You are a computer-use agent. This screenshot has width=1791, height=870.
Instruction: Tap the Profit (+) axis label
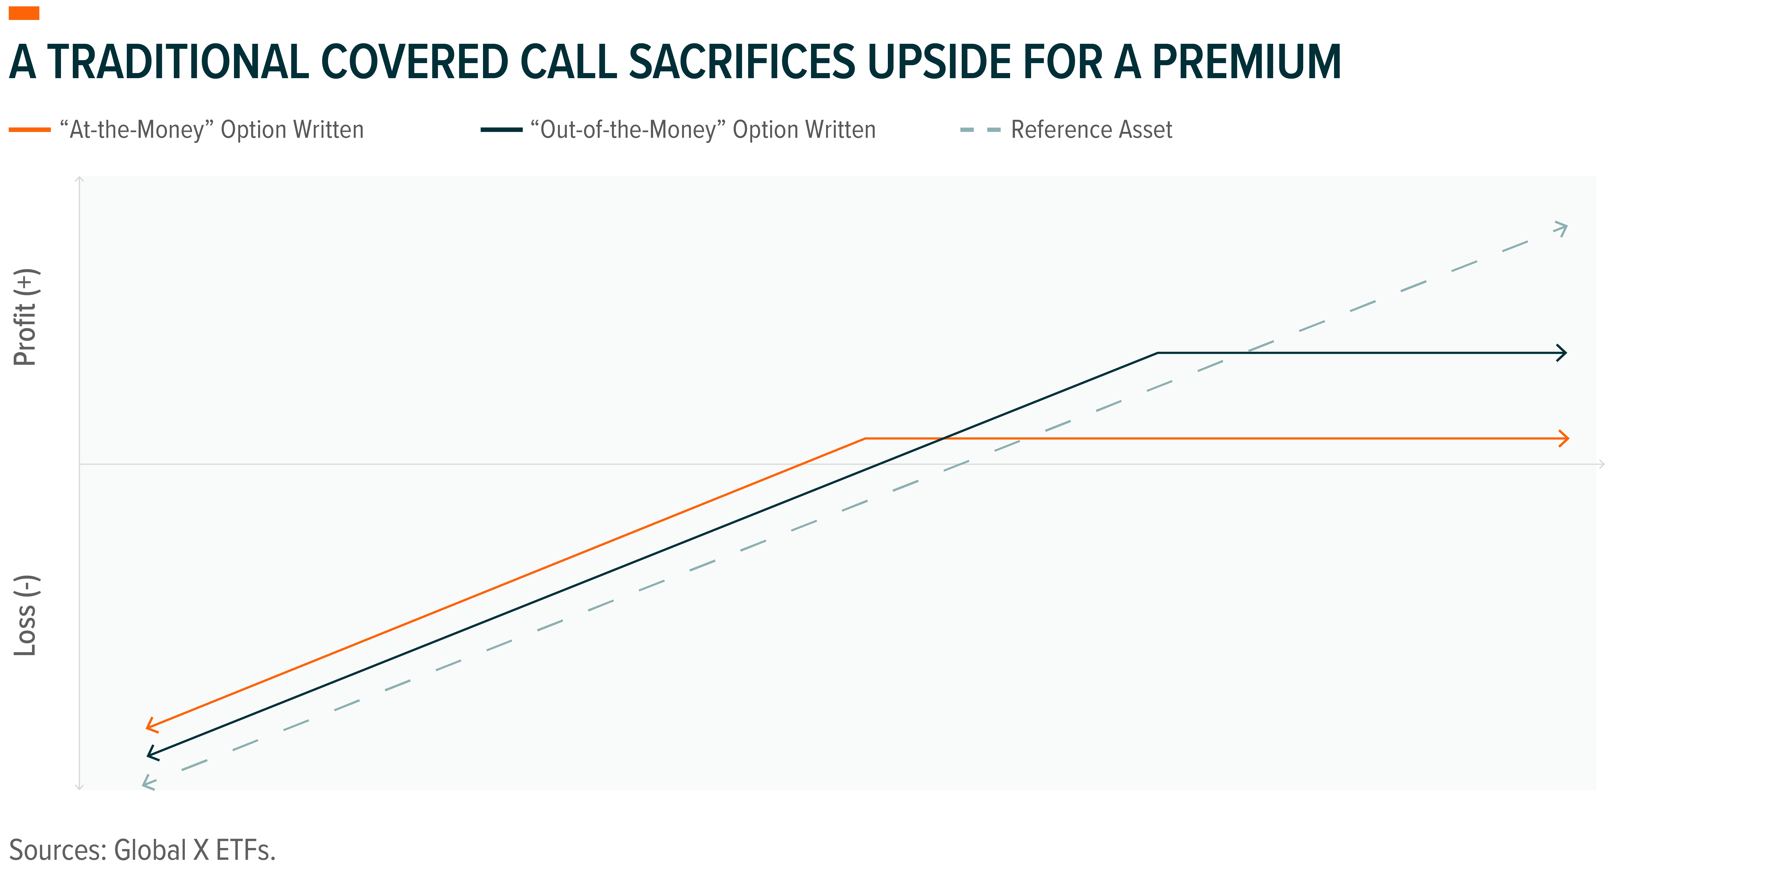tap(26, 317)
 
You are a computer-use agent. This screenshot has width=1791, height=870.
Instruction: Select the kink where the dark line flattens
tap(1158, 353)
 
